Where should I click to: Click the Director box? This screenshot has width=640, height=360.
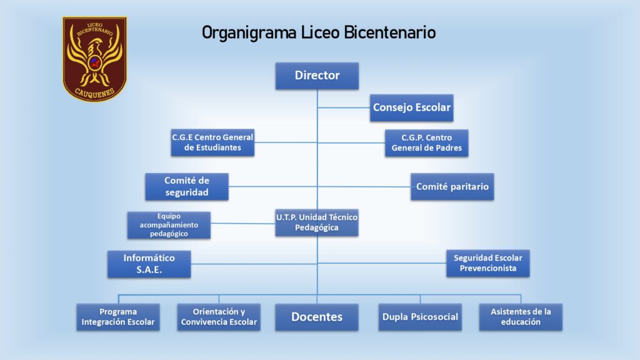click(x=317, y=76)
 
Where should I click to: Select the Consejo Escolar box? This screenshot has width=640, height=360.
click(x=411, y=107)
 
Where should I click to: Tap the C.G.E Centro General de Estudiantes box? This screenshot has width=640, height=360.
click(x=212, y=142)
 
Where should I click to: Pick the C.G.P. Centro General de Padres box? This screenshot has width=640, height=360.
click(x=426, y=143)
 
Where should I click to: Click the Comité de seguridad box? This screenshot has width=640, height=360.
click(x=187, y=186)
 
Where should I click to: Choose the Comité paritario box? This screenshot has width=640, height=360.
click(x=452, y=186)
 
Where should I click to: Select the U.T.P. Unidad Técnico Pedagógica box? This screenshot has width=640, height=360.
click(x=317, y=222)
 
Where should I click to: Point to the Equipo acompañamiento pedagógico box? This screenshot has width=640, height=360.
click(x=169, y=225)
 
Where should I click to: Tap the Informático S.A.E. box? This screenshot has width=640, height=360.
click(x=149, y=264)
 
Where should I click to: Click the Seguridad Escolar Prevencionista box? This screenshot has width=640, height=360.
click(x=487, y=263)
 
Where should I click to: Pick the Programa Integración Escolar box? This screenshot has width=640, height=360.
click(x=118, y=317)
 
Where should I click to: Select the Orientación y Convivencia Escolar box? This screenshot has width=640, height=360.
click(x=219, y=317)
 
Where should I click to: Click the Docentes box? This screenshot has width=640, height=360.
click(x=317, y=317)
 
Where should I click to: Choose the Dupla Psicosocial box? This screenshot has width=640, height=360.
click(x=420, y=317)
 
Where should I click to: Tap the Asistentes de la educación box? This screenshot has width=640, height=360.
click(x=521, y=317)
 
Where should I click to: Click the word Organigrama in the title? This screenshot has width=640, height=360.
click(x=249, y=33)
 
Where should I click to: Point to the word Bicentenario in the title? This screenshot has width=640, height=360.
click(x=390, y=32)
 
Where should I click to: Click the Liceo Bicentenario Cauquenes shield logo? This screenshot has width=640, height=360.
click(x=95, y=59)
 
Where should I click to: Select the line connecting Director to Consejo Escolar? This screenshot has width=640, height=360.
click(x=344, y=107)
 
